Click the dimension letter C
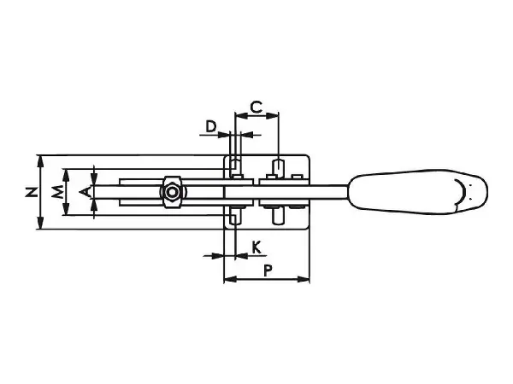[256, 107]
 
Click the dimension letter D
[211, 126]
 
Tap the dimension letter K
[256, 247]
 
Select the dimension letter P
[268, 271]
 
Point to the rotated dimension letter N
[32, 192]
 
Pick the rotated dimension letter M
[57, 192]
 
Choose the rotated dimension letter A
[85, 192]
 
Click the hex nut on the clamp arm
[172, 192]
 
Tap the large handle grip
[418, 192]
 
